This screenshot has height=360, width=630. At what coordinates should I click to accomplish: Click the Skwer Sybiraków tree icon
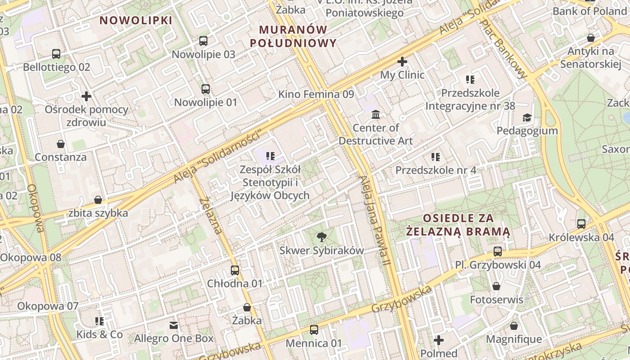[321, 237]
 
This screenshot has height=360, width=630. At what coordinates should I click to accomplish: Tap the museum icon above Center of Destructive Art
[376, 115]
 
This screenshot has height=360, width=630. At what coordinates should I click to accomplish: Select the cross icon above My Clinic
[402, 62]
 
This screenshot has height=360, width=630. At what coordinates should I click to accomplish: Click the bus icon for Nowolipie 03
[203, 41]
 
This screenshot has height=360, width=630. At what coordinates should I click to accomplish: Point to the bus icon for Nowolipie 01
[206, 89]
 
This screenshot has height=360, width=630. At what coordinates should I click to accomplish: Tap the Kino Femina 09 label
[316, 94]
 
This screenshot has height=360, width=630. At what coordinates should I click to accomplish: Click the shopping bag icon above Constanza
[61, 144]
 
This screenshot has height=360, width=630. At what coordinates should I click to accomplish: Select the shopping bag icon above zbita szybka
[98, 200]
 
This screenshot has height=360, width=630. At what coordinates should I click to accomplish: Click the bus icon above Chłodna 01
[235, 270]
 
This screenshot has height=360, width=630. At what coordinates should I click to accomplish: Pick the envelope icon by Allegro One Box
[174, 325]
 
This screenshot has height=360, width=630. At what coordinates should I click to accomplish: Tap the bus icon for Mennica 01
[314, 330]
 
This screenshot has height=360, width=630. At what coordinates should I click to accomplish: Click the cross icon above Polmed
[439, 340]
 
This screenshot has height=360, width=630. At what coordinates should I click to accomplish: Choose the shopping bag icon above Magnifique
[514, 326]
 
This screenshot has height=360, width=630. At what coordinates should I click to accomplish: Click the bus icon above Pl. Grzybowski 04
[498, 252]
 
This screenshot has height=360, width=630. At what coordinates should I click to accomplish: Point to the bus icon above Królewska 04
[581, 224]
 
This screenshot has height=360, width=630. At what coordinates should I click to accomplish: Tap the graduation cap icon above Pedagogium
[527, 118]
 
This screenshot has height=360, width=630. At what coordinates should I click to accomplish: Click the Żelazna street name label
[211, 216]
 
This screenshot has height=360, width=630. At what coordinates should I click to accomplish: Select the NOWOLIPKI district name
[136, 20]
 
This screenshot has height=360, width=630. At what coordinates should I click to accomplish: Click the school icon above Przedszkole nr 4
[436, 157]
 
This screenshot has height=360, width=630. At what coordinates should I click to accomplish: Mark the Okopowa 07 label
[48, 306]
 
